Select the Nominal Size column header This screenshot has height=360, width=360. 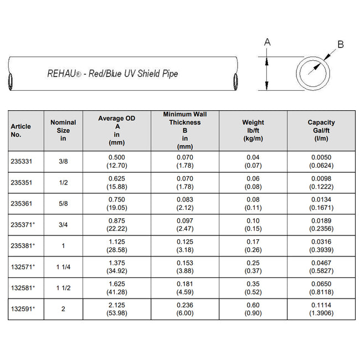(x=63, y=130)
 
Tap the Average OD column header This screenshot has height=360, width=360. (x=116, y=130)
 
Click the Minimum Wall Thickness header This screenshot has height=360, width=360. (x=185, y=130)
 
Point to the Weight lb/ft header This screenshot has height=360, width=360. (x=253, y=130)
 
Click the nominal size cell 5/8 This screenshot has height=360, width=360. (x=63, y=203)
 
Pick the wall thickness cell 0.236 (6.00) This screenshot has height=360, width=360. (x=185, y=309)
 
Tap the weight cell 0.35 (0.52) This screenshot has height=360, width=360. (x=253, y=288)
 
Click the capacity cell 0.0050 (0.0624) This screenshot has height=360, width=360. (x=321, y=161)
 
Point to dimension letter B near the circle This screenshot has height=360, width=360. (x=341, y=44)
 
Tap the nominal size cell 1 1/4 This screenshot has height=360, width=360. (x=63, y=267)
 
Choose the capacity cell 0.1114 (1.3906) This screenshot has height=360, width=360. (x=321, y=309)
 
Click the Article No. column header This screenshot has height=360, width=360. (x=21, y=130)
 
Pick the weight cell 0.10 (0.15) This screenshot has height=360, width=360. (x=253, y=225)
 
